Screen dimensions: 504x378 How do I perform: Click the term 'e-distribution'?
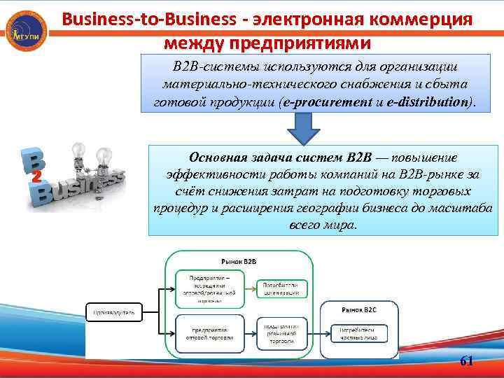pyautogui.click(x=423, y=102)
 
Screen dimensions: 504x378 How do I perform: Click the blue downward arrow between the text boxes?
pyautogui.click(x=304, y=129)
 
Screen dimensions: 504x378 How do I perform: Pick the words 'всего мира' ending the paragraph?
pyautogui.click(x=323, y=226)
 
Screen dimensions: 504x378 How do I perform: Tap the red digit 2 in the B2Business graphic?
pyautogui.click(x=36, y=174)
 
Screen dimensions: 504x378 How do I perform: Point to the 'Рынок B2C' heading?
pyautogui.click(x=360, y=309)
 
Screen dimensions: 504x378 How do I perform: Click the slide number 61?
pyautogui.click(x=467, y=361)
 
